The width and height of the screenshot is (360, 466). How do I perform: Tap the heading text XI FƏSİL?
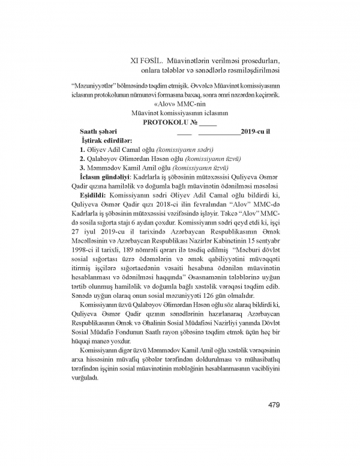pos(148,61)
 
